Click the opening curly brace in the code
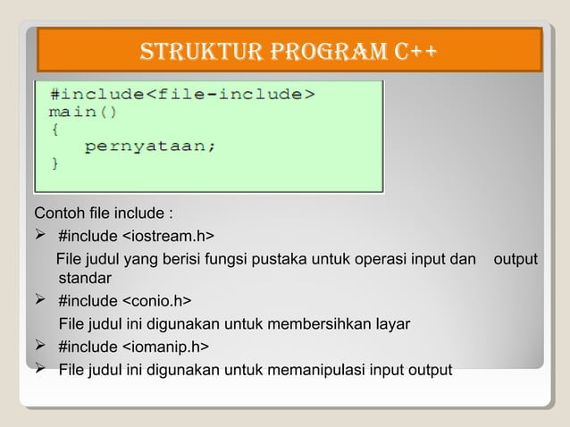(x=55, y=129)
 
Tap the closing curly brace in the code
(x=55, y=163)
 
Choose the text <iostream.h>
(x=167, y=236)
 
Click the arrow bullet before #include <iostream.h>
(x=41, y=236)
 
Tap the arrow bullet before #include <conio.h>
(x=41, y=301)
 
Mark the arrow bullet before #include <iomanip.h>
(x=41, y=347)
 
